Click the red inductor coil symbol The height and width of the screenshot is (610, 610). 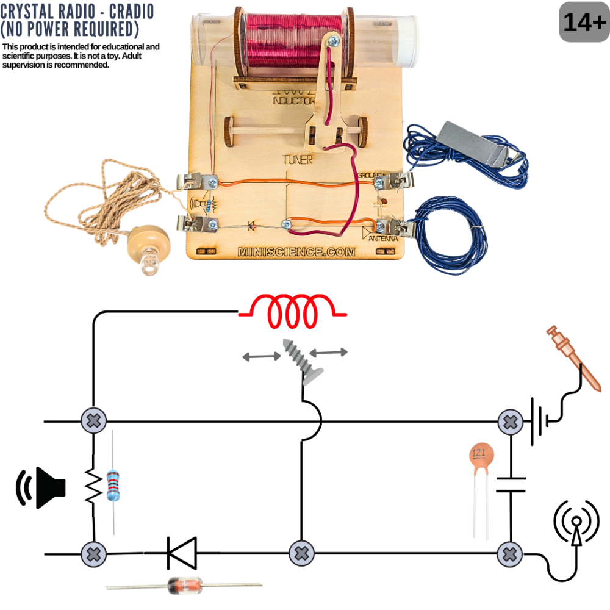293,310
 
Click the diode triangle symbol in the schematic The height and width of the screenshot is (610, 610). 182,553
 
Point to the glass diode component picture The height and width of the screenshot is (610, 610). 183,586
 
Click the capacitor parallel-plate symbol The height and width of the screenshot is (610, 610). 511,484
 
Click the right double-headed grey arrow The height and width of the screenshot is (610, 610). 329,352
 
